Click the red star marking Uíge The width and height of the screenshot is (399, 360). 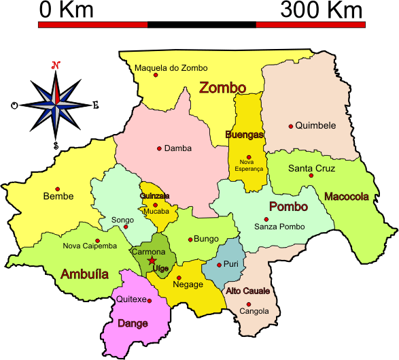pos(152,260)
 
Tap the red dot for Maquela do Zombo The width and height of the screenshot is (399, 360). pos(156,75)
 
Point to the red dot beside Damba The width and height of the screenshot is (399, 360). pos(159,148)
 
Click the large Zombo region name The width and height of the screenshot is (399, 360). pos(222,87)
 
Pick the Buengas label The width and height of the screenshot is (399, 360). pos(244,135)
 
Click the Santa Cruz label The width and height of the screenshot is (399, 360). pos(311,168)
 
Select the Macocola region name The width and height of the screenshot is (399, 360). pos(347,197)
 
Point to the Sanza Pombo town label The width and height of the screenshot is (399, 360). pos(279,226)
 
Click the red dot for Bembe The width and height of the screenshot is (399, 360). pos(58,189)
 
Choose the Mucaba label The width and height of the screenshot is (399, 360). pos(156,212)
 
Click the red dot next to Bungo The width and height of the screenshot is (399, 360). pos(191,239)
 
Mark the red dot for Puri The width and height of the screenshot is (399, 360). pos(218,265)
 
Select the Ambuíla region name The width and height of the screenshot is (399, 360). pos(84,274)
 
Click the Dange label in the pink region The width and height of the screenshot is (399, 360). pos(133,323)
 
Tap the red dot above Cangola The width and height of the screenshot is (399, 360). pos(249,304)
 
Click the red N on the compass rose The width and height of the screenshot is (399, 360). pos(56,66)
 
